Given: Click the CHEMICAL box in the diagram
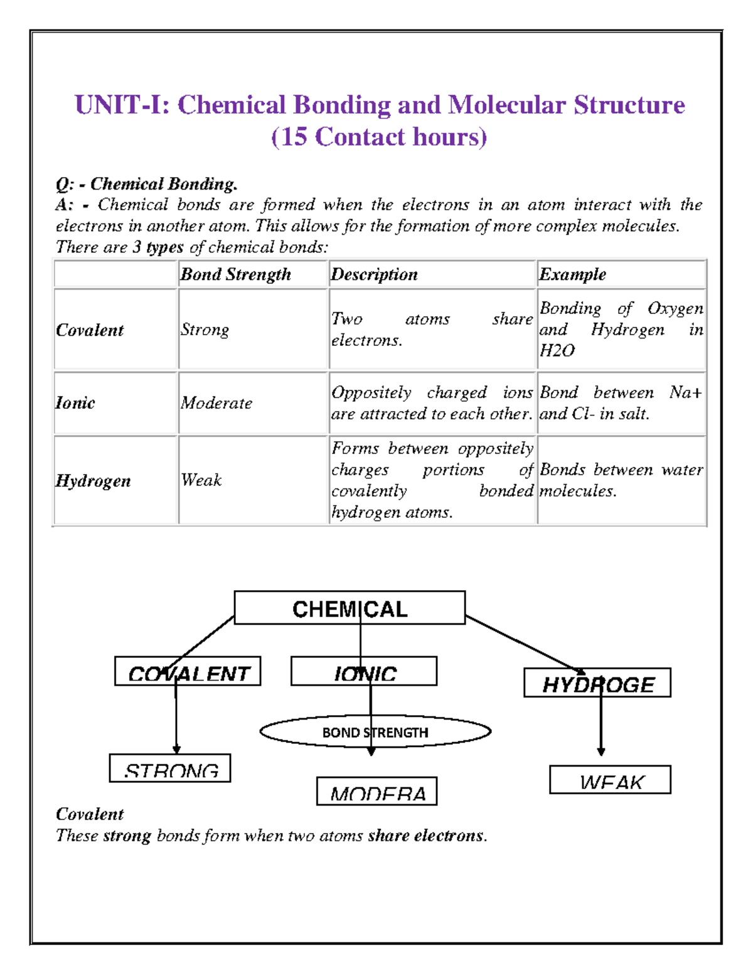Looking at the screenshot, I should click(350, 608).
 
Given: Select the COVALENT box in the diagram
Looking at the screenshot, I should click(188, 672).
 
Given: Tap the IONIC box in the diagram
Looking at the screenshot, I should click(364, 672).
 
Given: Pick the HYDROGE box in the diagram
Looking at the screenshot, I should click(597, 683).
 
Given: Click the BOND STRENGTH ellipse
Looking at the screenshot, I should click(375, 732).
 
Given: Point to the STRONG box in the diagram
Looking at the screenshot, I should click(170, 768).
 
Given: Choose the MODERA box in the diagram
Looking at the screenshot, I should click(376, 792).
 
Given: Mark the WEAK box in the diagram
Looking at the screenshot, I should click(610, 780).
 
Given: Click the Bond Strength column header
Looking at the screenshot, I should click(236, 274).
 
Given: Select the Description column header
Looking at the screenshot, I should click(374, 274).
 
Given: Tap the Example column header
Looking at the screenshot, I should click(572, 274).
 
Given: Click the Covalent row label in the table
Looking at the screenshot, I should click(90, 330).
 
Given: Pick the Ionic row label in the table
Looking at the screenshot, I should click(75, 403).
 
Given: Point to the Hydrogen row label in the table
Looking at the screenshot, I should click(93, 481).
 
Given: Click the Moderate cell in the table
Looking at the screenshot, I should click(216, 403).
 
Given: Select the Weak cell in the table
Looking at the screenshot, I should click(201, 480).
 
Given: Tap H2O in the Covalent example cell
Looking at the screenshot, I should click(557, 350).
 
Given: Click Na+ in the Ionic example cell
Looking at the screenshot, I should click(685, 392).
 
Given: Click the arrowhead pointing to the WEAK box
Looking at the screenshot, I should click(601, 751).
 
